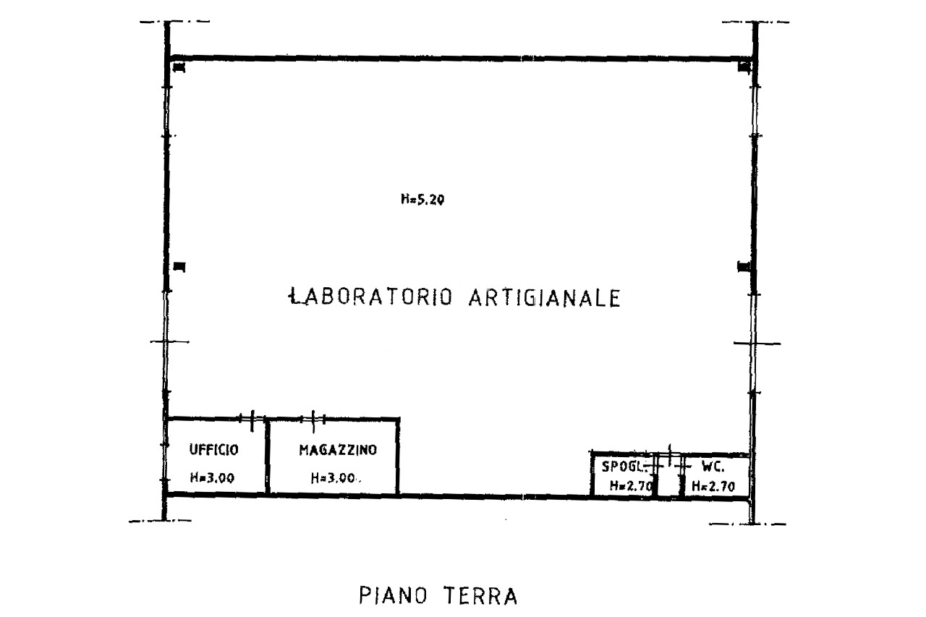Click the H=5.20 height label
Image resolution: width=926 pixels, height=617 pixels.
pyautogui.click(x=422, y=200)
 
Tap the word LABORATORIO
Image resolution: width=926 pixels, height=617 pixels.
pyautogui.click(x=370, y=297)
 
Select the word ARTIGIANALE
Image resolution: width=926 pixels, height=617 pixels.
pyautogui.click(x=545, y=297)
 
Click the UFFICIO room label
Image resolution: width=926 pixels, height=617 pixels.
pyautogui.click(x=213, y=450)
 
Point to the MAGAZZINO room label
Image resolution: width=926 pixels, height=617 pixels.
pyautogui.click(x=338, y=450)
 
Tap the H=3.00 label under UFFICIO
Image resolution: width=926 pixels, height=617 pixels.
pyautogui.click(x=212, y=478)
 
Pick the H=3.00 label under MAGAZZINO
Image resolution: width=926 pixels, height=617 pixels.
pyautogui.click(x=334, y=478)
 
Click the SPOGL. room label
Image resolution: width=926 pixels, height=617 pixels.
pyautogui.click(x=624, y=467)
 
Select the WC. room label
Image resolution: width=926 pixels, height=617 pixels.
pyautogui.click(x=713, y=467)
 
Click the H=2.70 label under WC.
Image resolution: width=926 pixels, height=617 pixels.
pyautogui.click(x=713, y=486)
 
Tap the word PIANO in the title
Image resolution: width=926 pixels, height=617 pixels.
pyautogui.click(x=393, y=595)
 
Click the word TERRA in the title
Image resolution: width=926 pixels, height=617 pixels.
pyautogui.click(x=480, y=596)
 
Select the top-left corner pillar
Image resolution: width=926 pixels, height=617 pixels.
pyautogui.click(x=179, y=67)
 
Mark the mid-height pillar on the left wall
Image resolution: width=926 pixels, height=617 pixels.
pyautogui.click(x=179, y=267)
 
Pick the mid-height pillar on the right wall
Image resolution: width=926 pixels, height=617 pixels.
pyautogui.click(x=744, y=267)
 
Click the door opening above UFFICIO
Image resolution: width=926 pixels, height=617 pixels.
pyautogui.click(x=252, y=420)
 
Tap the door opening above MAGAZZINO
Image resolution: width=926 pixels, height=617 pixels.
pyautogui.click(x=313, y=420)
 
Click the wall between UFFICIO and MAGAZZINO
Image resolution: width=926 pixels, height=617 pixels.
pyautogui.click(x=268, y=456)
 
